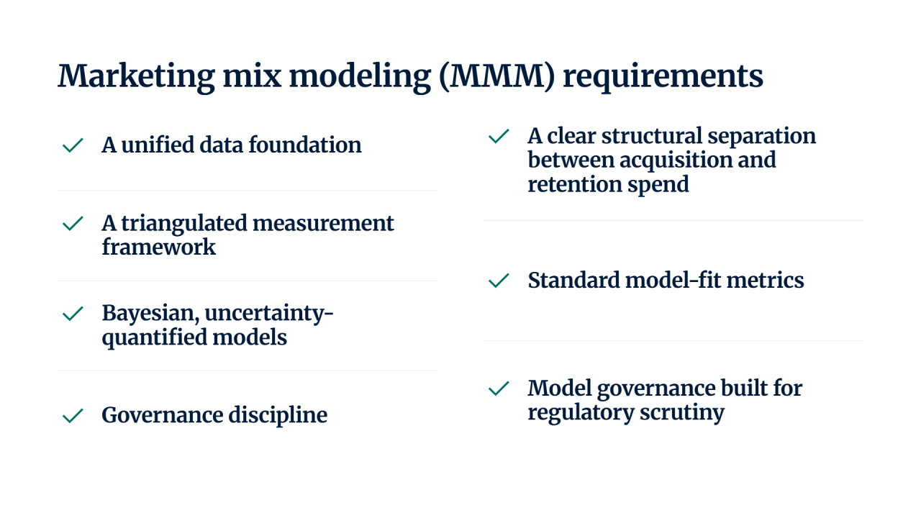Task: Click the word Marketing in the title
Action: point(136,77)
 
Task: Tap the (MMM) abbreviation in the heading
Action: point(497,77)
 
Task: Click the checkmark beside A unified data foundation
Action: point(73,145)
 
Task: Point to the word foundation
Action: point(305,145)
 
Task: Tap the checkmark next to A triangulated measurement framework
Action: point(73,224)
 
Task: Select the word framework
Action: point(159,247)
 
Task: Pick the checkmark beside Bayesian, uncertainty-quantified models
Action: point(73,314)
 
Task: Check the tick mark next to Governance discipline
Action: point(73,416)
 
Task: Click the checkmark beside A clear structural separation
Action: point(499,136)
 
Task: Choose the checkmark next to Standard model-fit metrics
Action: point(499,281)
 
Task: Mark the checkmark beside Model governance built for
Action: point(499,388)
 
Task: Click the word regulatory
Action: point(581,413)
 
